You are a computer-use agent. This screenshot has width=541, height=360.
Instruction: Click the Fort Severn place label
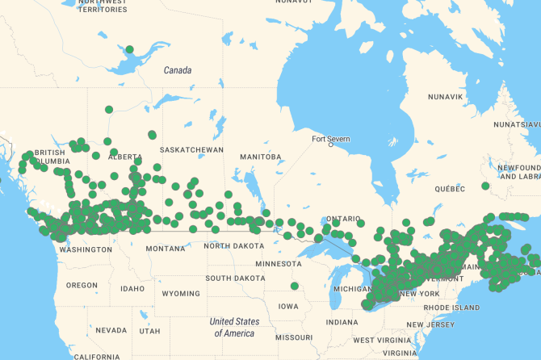[x=332, y=139]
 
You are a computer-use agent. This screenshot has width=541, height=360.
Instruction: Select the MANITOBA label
[x=260, y=157]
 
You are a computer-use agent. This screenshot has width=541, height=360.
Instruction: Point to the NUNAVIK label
[x=445, y=97]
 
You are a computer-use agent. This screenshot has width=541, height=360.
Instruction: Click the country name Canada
[x=178, y=70]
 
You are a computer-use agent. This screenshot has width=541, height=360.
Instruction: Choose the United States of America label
[x=233, y=327]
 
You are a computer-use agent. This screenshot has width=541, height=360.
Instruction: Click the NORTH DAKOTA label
[x=233, y=245]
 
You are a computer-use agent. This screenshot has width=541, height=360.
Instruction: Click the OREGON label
[x=82, y=285]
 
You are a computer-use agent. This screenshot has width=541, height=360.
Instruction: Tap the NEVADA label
[x=111, y=330]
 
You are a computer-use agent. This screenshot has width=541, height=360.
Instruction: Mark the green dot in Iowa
[x=294, y=285]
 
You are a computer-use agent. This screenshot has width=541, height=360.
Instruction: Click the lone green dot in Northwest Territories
[x=129, y=49]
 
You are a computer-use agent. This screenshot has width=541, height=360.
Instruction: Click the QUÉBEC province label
[x=451, y=188]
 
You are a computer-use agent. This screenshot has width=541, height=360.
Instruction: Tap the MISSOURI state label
[x=293, y=337]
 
